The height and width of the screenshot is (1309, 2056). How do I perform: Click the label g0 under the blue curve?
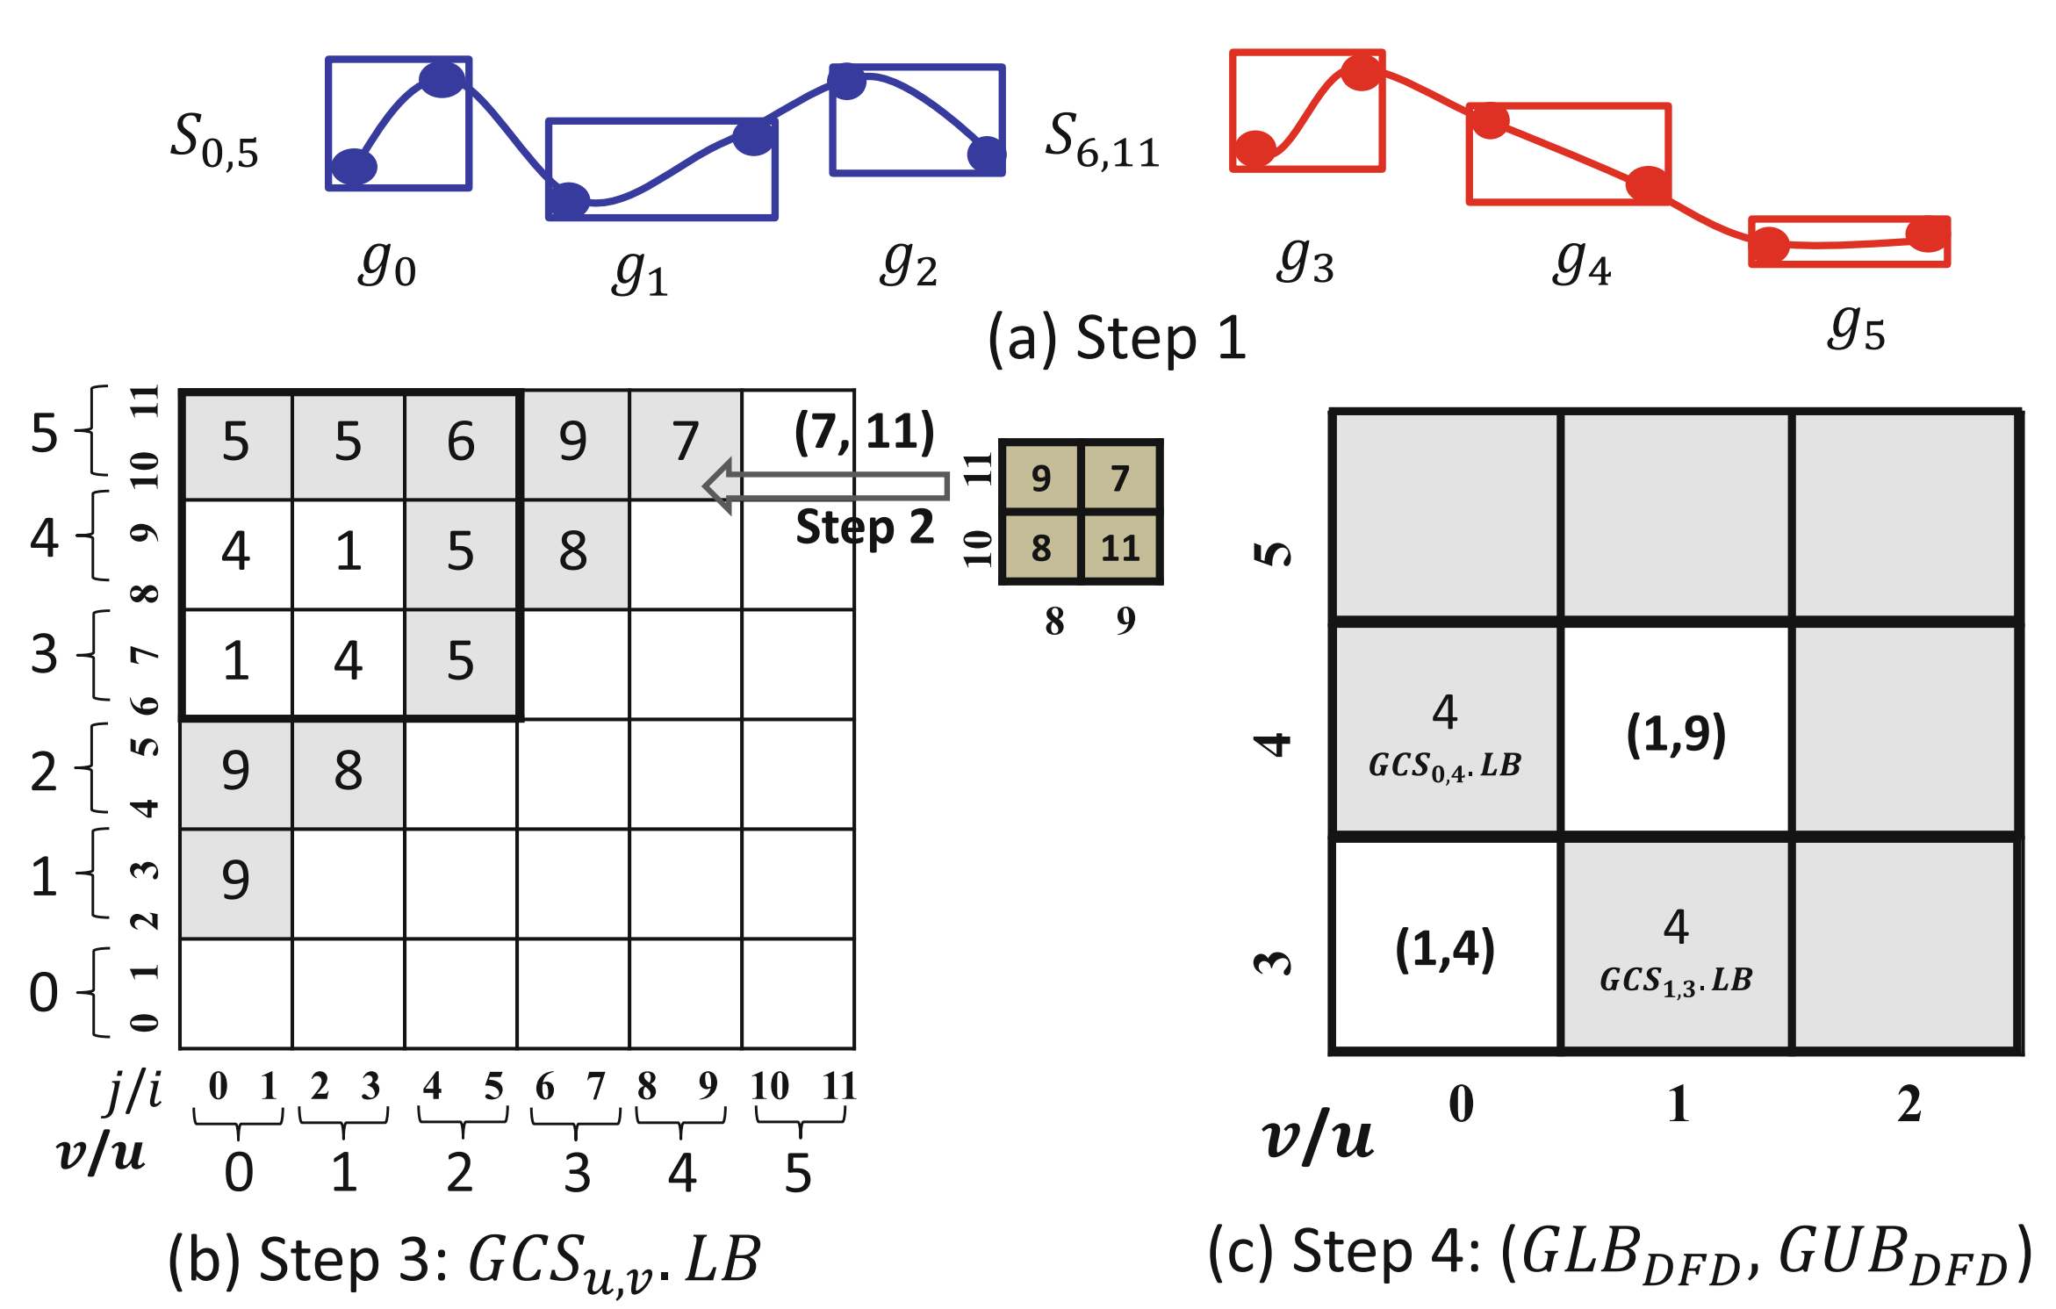tap(386, 265)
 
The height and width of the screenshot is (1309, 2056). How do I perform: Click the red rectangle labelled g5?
tap(1849, 241)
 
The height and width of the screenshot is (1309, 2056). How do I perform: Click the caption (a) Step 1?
tap(1117, 338)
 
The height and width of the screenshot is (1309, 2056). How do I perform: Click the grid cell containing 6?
tap(461, 443)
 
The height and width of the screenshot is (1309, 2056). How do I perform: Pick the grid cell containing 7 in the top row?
tap(686, 443)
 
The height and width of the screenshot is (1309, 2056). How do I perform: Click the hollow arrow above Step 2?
tap(825, 485)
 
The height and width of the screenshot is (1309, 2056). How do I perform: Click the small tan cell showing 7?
tap(1120, 478)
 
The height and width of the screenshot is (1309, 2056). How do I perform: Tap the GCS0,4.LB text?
tap(1444, 766)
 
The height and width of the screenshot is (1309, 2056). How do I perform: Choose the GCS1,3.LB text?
tap(1675, 981)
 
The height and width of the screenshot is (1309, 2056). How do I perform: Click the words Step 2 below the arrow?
tap(865, 528)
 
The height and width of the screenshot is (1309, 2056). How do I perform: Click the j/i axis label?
tap(133, 1091)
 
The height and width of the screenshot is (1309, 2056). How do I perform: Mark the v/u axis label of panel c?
tap(1317, 1139)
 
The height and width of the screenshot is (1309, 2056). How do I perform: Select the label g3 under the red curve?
tap(1305, 262)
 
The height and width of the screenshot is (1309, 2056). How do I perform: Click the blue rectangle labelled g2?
tap(917, 120)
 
